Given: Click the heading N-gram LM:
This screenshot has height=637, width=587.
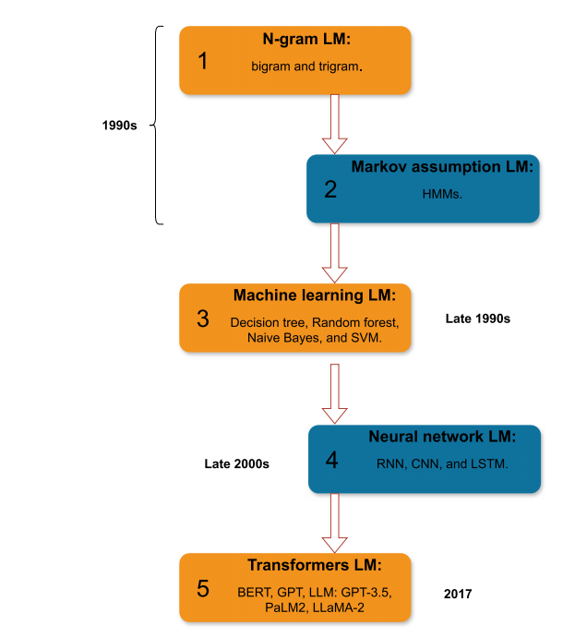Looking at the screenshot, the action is (x=306, y=40).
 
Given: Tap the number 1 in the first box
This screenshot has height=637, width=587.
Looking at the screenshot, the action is (x=203, y=61).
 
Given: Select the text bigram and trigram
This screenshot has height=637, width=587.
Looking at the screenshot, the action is (x=306, y=66).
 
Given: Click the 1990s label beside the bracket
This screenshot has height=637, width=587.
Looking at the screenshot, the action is (x=119, y=126).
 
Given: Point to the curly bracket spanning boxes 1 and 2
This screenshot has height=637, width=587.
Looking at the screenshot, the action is (x=156, y=126).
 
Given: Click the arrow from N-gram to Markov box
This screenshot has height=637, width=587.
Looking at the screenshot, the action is (x=335, y=124).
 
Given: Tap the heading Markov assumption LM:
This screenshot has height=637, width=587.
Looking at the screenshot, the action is (x=442, y=167).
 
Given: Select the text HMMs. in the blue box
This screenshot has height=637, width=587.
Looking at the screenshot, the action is (x=442, y=194).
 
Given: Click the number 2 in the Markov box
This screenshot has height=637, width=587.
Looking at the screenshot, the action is (x=330, y=189).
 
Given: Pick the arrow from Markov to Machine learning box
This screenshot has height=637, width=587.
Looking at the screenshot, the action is (x=335, y=253).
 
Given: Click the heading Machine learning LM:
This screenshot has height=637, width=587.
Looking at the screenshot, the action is (x=315, y=295).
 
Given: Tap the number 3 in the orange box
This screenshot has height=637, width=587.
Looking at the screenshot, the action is (x=203, y=318).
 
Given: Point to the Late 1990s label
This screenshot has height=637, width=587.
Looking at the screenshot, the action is (x=478, y=318).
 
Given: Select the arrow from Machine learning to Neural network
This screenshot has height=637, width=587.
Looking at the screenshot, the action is (x=335, y=393).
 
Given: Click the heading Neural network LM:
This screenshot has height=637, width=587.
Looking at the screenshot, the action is (x=442, y=437).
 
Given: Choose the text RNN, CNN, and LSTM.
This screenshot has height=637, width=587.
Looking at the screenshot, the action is (x=442, y=464).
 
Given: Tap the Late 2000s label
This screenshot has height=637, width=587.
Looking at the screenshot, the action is (x=236, y=464).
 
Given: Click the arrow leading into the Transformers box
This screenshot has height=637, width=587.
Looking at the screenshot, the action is (x=335, y=523).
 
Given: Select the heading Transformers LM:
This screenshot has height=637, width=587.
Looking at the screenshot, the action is (x=315, y=565).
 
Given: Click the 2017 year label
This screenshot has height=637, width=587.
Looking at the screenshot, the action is (x=458, y=594).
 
